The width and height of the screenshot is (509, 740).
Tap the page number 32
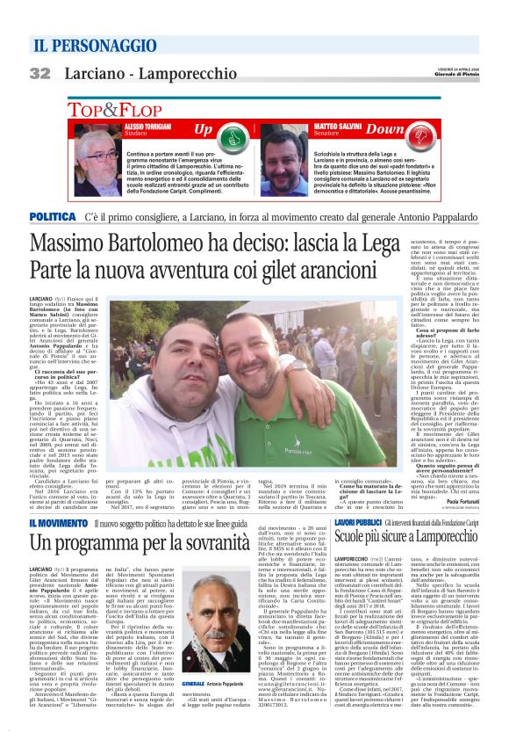[39, 73]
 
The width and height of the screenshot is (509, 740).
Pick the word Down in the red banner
[384, 130]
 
